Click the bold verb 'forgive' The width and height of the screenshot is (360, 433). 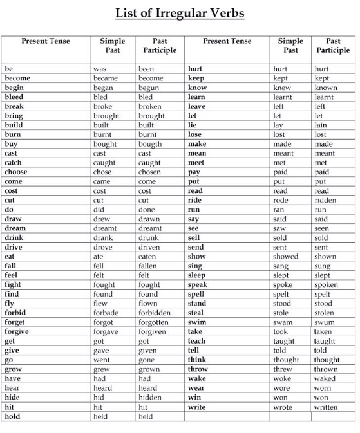[x=17, y=331]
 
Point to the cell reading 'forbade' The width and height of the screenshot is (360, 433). [x=106, y=313]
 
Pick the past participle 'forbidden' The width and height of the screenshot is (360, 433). [x=155, y=313]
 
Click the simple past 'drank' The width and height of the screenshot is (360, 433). [x=102, y=237]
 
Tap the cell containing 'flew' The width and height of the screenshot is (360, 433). [x=100, y=303]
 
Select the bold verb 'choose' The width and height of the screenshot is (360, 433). [x=16, y=172]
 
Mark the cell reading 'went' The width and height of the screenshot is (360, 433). [x=101, y=360]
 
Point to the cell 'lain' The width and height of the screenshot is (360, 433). [x=320, y=125]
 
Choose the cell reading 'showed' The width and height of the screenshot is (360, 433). [x=285, y=256]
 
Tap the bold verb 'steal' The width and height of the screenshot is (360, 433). [x=196, y=313]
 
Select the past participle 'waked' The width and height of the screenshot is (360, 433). [x=325, y=378]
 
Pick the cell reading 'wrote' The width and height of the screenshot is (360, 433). [x=282, y=407]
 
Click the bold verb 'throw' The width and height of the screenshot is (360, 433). [x=198, y=369]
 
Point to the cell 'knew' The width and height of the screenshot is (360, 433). [x=282, y=88]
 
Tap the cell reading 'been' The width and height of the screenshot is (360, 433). [x=147, y=69]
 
